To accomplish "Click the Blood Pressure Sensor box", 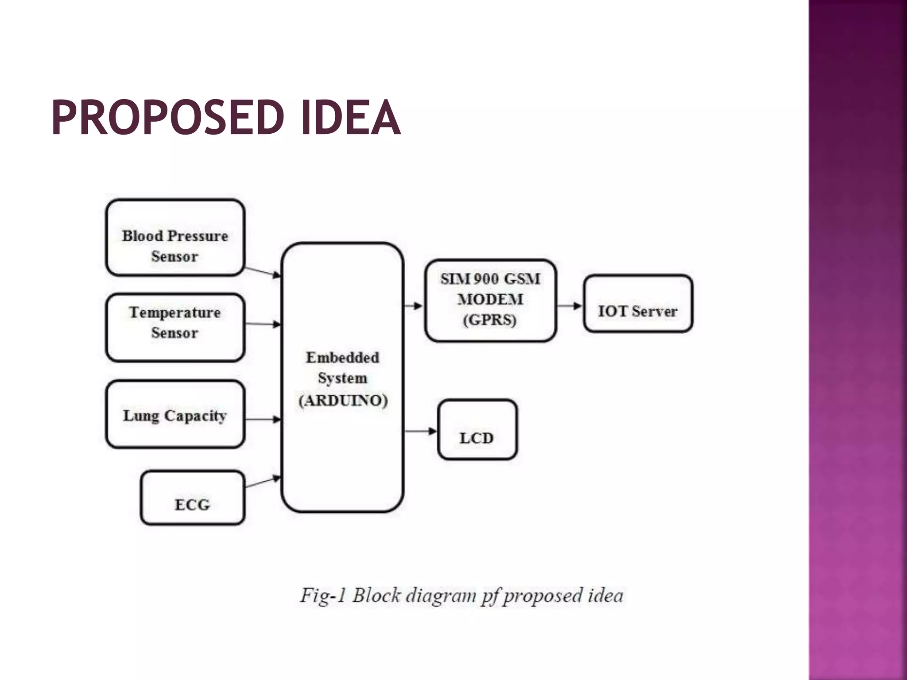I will (175, 238).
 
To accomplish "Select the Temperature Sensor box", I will (175, 328).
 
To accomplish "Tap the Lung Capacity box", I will (175, 414).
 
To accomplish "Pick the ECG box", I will (192, 498).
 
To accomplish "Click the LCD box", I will (477, 429).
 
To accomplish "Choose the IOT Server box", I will (638, 304).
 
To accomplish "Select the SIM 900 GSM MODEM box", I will (490, 300).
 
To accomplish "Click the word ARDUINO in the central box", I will (343, 401).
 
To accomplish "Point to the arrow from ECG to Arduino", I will (263, 482).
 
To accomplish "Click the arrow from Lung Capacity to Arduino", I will (263, 419).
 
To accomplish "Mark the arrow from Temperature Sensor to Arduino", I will (263, 325).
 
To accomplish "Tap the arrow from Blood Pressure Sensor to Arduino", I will (263, 272).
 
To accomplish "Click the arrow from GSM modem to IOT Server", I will (570, 305).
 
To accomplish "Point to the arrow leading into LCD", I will (421, 431).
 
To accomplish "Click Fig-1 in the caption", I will (322, 595).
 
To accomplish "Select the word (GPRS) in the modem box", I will (489, 320).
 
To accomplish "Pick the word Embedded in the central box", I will (342, 357).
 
